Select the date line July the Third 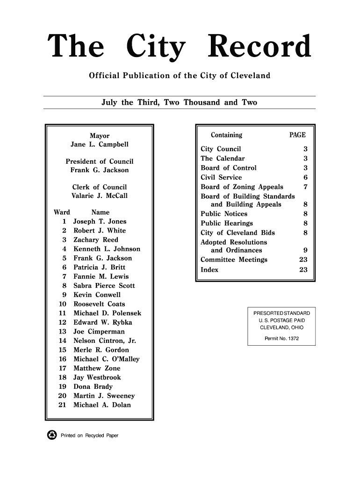point(179,102)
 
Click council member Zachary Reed point(96,240)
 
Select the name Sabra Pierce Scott point(104,286)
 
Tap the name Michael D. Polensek point(108,313)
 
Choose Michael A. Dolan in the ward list point(102,405)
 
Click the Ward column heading point(62,212)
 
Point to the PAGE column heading point(297,136)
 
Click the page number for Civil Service point(305,177)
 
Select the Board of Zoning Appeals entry point(242,187)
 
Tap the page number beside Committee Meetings point(303,260)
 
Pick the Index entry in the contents point(209,269)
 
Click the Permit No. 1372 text point(281,338)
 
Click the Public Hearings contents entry point(227,223)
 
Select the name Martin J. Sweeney point(104,396)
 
